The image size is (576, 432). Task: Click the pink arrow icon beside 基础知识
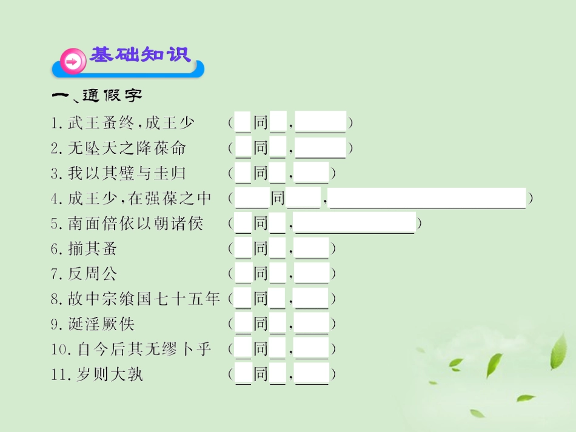click(x=72, y=61)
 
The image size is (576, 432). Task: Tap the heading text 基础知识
click(x=141, y=55)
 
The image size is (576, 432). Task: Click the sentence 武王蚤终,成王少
click(x=131, y=123)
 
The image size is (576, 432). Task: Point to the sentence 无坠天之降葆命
click(x=127, y=148)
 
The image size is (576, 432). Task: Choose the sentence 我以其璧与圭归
click(x=127, y=174)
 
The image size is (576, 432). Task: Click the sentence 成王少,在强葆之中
click(x=139, y=199)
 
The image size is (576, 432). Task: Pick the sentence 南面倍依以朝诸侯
click(x=135, y=224)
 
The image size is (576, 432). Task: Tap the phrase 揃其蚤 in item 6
click(x=93, y=249)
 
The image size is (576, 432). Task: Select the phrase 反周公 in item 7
click(x=93, y=274)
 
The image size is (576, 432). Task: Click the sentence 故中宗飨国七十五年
click(x=144, y=299)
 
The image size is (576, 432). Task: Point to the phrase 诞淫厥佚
click(x=101, y=324)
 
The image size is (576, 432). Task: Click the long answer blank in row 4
click(x=427, y=198)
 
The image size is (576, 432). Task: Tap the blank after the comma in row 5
click(x=355, y=223)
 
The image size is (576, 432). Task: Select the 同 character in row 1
click(x=261, y=123)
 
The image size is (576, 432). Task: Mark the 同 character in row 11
click(x=261, y=374)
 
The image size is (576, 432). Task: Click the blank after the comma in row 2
click(x=320, y=148)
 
